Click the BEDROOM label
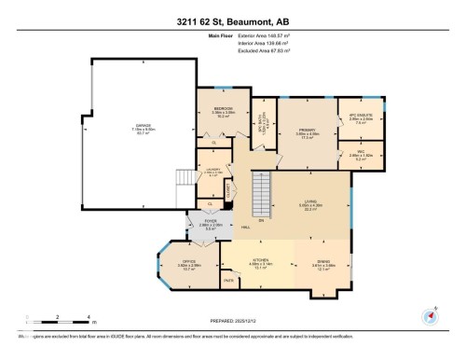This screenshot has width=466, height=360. [x=223, y=109]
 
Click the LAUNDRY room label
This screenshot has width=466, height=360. [x=213, y=168]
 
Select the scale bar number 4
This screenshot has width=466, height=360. [x=87, y=318]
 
